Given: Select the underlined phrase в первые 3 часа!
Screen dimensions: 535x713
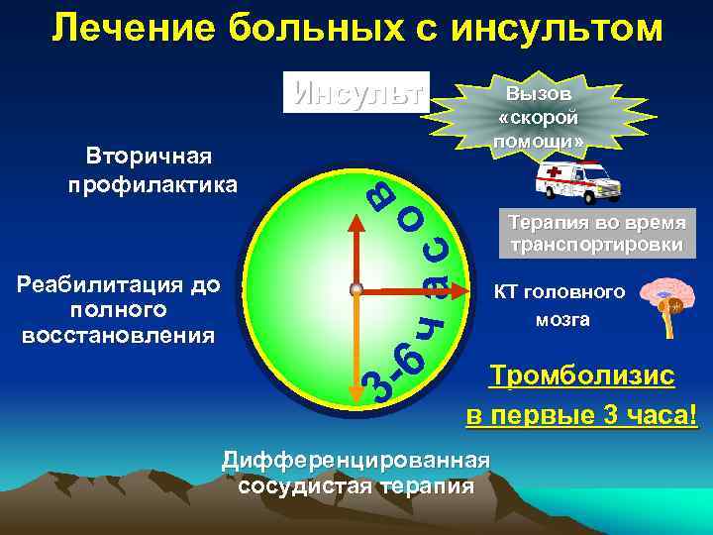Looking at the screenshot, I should [581, 414].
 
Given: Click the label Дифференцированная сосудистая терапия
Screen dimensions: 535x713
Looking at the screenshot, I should [356, 473].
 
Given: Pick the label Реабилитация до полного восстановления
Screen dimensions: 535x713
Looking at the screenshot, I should [119, 310].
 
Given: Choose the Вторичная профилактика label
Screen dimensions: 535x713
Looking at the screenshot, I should [153, 171].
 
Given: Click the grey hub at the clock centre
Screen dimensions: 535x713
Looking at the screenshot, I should [355, 290].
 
